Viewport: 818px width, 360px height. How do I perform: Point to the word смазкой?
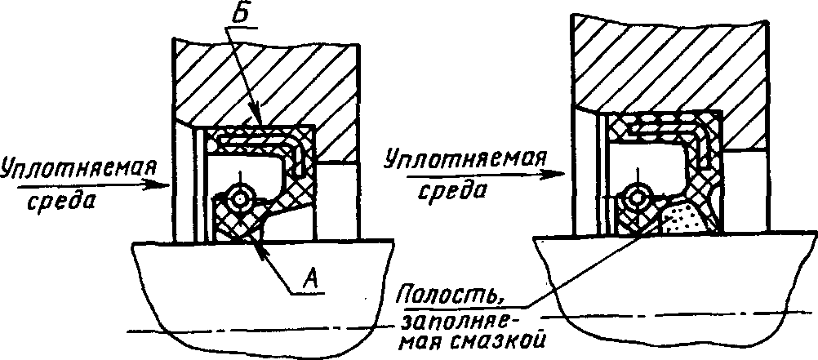coord(509,336)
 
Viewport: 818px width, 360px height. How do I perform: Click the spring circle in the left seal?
coord(240,197)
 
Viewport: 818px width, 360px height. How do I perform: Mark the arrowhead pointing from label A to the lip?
coord(260,246)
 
